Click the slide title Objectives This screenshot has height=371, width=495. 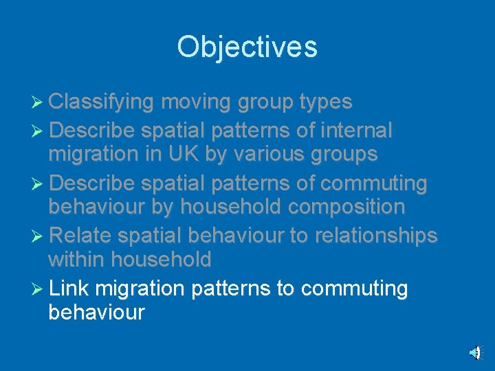pyautogui.click(x=247, y=47)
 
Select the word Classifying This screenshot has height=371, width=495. pyautogui.click(x=102, y=102)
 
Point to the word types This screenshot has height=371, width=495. pyautogui.click(x=326, y=102)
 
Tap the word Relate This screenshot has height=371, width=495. pyautogui.click(x=80, y=235)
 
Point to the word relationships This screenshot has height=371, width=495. pyautogui.click(x=376, y=235)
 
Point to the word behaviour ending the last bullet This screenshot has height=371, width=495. pyautogui.click(x=96, y=313)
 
